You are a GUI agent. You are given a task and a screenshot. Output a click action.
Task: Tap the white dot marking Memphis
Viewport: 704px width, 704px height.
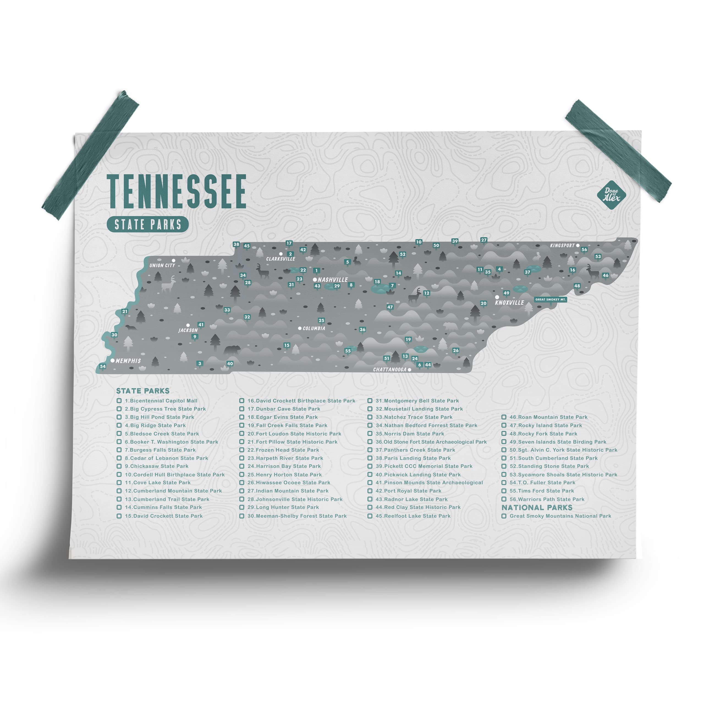(x=112, y=360)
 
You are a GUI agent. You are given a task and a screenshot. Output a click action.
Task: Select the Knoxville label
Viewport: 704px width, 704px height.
(x=509, y=302)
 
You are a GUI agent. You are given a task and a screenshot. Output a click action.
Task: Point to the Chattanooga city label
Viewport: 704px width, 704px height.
(x=389, y=370)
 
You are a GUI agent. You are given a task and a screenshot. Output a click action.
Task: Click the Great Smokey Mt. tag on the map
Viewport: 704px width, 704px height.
(x=550, y=299)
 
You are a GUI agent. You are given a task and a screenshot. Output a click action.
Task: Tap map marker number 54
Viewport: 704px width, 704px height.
(x=103, y=366)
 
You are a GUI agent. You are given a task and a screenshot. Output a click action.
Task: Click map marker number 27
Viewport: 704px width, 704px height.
(x=483, y=240)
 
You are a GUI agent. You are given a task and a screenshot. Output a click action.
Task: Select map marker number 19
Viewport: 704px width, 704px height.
(x=408, y=339)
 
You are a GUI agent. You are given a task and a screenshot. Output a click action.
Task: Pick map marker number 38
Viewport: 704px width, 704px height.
(x=236, y=244)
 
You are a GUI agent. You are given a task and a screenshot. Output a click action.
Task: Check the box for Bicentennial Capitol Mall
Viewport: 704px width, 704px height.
(x=119, y=401)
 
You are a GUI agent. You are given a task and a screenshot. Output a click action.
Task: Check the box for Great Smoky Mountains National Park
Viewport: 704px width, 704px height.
(x=504, y=516)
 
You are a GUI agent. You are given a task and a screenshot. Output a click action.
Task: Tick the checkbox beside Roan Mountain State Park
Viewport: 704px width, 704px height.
(x=504, y=417)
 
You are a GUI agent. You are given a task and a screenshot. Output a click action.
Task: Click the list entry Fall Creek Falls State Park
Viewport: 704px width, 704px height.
(x=287, y=425)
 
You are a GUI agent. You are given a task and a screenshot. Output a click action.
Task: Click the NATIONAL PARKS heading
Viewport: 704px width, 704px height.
(x=537, y=508)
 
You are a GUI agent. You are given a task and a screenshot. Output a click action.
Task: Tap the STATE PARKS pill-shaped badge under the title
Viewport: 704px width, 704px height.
(x=148, y=224)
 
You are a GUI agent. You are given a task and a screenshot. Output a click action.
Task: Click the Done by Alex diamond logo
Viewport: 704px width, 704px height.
(x=611, y=195)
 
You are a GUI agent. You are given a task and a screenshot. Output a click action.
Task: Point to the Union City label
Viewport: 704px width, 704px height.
(x=162, y=265)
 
